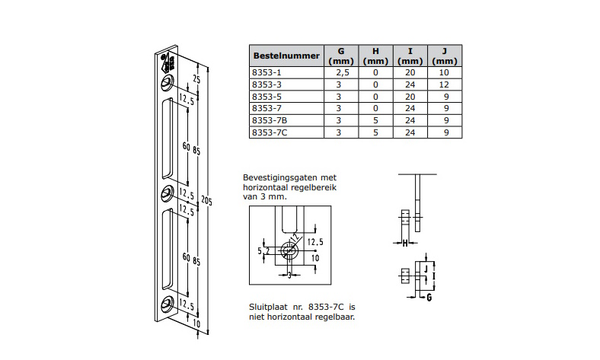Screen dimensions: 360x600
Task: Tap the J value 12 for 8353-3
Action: coord(445,84)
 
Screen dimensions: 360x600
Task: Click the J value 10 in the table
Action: coord(445,72)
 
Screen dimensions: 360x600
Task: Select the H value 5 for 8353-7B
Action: coord(375,120)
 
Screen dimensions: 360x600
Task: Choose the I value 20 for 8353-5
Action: coord(410,97)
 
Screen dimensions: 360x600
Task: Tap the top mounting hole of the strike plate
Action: coord(168,81)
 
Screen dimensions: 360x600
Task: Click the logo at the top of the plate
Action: coord(168,62)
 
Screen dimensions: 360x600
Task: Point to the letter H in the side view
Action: coord(405,243)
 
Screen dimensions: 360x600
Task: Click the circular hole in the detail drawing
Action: coord(289,248)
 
